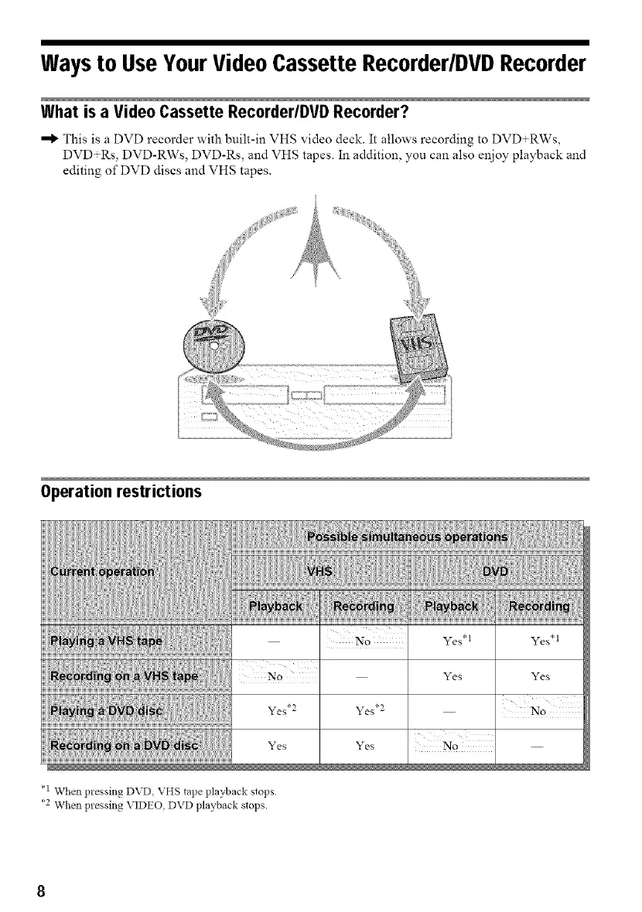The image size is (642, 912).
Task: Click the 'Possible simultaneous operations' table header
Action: [408, 537]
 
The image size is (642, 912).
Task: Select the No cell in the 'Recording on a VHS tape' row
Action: [275, 677]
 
